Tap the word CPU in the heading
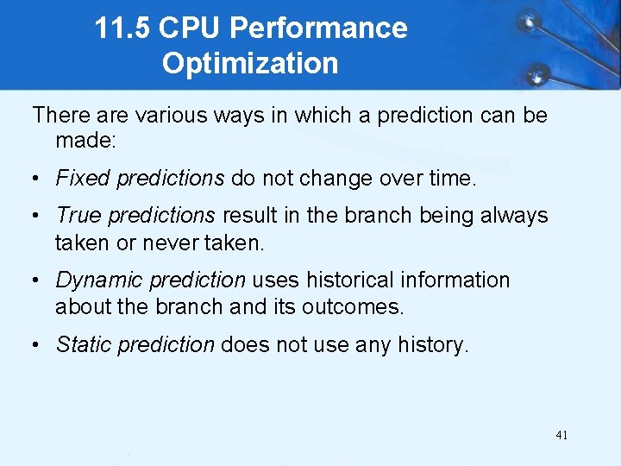189,28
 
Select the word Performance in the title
318,28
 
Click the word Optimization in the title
250,64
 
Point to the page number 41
561,435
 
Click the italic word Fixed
83,179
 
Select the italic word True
78,215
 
